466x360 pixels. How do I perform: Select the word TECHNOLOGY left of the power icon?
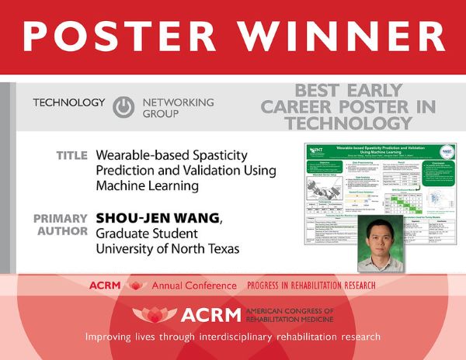68,102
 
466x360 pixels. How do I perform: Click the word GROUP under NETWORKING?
159,113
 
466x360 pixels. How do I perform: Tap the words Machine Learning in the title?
148,186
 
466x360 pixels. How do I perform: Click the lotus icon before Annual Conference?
137,286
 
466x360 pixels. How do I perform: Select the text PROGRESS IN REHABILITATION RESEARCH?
310,286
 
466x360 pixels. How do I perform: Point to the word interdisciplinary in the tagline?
235,337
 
